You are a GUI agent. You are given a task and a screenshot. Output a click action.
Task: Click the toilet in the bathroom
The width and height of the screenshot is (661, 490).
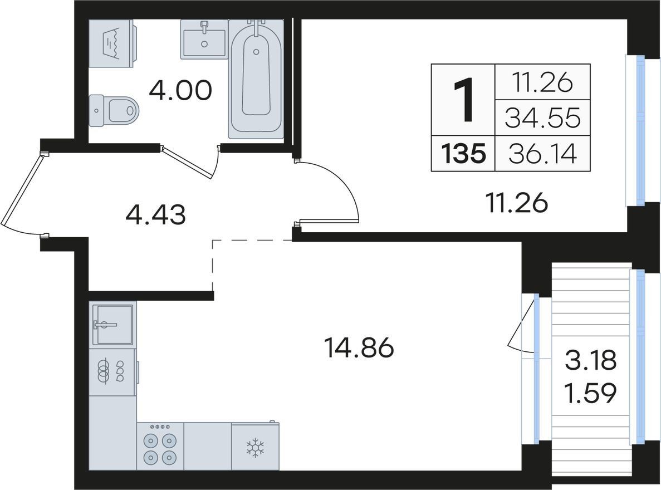[x=114, y=110]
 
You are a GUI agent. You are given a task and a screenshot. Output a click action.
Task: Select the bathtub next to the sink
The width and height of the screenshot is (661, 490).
[x=256, y=79]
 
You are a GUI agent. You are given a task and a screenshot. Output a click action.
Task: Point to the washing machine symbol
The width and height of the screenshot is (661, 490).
[x=112, y=43]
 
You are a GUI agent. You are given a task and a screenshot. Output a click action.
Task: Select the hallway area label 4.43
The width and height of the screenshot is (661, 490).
[x=155, y=214]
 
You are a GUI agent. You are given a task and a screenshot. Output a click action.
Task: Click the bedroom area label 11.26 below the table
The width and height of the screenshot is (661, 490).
[x=516, y=203]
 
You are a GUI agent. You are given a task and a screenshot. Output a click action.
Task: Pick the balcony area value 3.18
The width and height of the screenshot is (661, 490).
[x=591, y=361]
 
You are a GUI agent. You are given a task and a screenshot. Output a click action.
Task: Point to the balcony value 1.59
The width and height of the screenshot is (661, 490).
[x=591, y=393]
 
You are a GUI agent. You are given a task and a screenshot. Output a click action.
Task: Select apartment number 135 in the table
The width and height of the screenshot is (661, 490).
[x=463, y=154]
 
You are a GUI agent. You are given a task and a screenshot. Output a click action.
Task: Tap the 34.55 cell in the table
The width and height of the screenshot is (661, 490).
[x=542, y=118]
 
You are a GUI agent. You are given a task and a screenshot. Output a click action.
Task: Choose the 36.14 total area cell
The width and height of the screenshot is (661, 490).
[x=542, y=154]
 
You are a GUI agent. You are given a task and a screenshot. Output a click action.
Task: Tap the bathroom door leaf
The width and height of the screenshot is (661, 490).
[x=187, y=163]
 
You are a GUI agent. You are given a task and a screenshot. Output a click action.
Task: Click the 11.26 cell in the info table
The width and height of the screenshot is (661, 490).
[x=542, y=82]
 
